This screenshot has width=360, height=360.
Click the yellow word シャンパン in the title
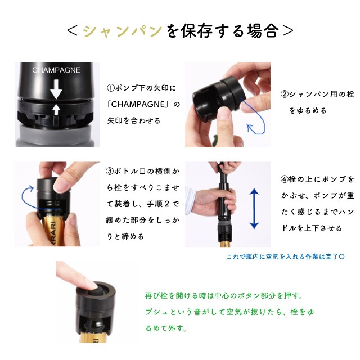point(123,31)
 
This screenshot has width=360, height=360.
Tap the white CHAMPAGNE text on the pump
point(56,70)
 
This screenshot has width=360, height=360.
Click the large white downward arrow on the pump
point(56,89)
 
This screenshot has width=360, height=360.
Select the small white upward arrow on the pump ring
point(56,109)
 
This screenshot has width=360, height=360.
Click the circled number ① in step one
point(111,88)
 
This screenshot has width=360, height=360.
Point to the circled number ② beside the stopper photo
point(285,94)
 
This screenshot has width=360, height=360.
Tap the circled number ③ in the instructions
point(110,171)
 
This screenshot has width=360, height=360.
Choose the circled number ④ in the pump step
point(285,179)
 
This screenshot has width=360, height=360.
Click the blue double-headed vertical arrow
point(254,208)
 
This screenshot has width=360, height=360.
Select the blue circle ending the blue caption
point(342,256)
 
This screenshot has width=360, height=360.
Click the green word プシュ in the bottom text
point(156,312)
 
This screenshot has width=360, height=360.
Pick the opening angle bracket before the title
point(73,31)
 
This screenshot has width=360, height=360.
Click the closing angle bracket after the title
point(288,31)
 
